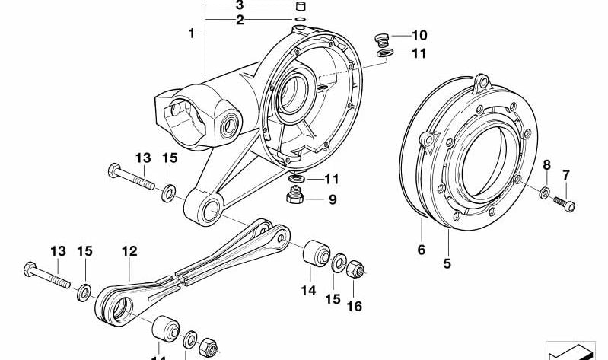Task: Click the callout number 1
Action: pos(191,33)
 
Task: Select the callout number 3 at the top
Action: pos(240,5)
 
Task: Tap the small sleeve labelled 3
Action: pos(301,6)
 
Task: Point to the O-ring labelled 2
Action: pos(300,19)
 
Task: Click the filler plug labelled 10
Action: pos(382,39)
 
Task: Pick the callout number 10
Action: pos(419,35)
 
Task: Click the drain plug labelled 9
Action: pos(295,194)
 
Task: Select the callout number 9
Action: pos(333,199)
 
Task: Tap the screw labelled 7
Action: pos(564,204)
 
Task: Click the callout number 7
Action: pos(565,175)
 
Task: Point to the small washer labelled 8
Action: pos(544,193)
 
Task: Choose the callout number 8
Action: pos(546,165)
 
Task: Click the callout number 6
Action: pos(422,250)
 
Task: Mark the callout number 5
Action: pos(447,264)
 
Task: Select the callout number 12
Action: pos(129,251)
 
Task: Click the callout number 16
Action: pos(354,307)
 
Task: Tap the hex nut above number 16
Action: pos(355,269)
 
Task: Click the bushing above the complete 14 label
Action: pos(316,253)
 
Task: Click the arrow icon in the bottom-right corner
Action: pos(571,351)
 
